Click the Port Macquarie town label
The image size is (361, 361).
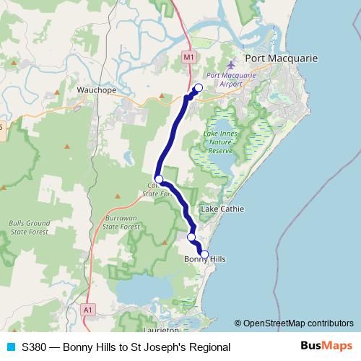(278, 58)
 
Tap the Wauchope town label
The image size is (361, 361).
(93, 91)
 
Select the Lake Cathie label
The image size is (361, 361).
(222, 209)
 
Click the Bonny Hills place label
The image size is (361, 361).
(205, 259)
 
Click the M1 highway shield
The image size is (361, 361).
(188, 56)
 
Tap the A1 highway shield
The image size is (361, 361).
(87, 309)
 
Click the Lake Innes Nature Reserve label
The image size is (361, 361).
(221, 143)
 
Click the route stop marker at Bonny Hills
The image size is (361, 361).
(204, 254)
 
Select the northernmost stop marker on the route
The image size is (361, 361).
(199, 89)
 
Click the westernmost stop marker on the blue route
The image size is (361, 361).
(159, 179)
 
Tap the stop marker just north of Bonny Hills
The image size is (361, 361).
(191, 237)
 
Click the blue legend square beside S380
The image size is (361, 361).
(10, 347)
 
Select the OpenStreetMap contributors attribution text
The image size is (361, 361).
(294, 323)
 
